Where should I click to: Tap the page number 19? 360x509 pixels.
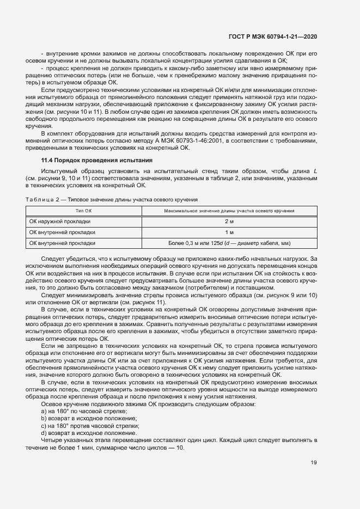coord(314,463)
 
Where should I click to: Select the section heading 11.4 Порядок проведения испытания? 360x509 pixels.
coord(97,160)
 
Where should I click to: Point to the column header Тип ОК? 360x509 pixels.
coord(84,211)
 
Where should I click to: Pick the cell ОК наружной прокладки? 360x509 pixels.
coord(60,222)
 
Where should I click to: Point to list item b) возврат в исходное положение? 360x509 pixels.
coord(82,418)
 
